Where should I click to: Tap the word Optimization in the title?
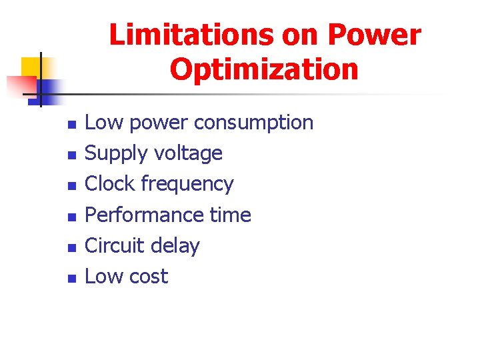264,69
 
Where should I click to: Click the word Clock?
112,184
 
